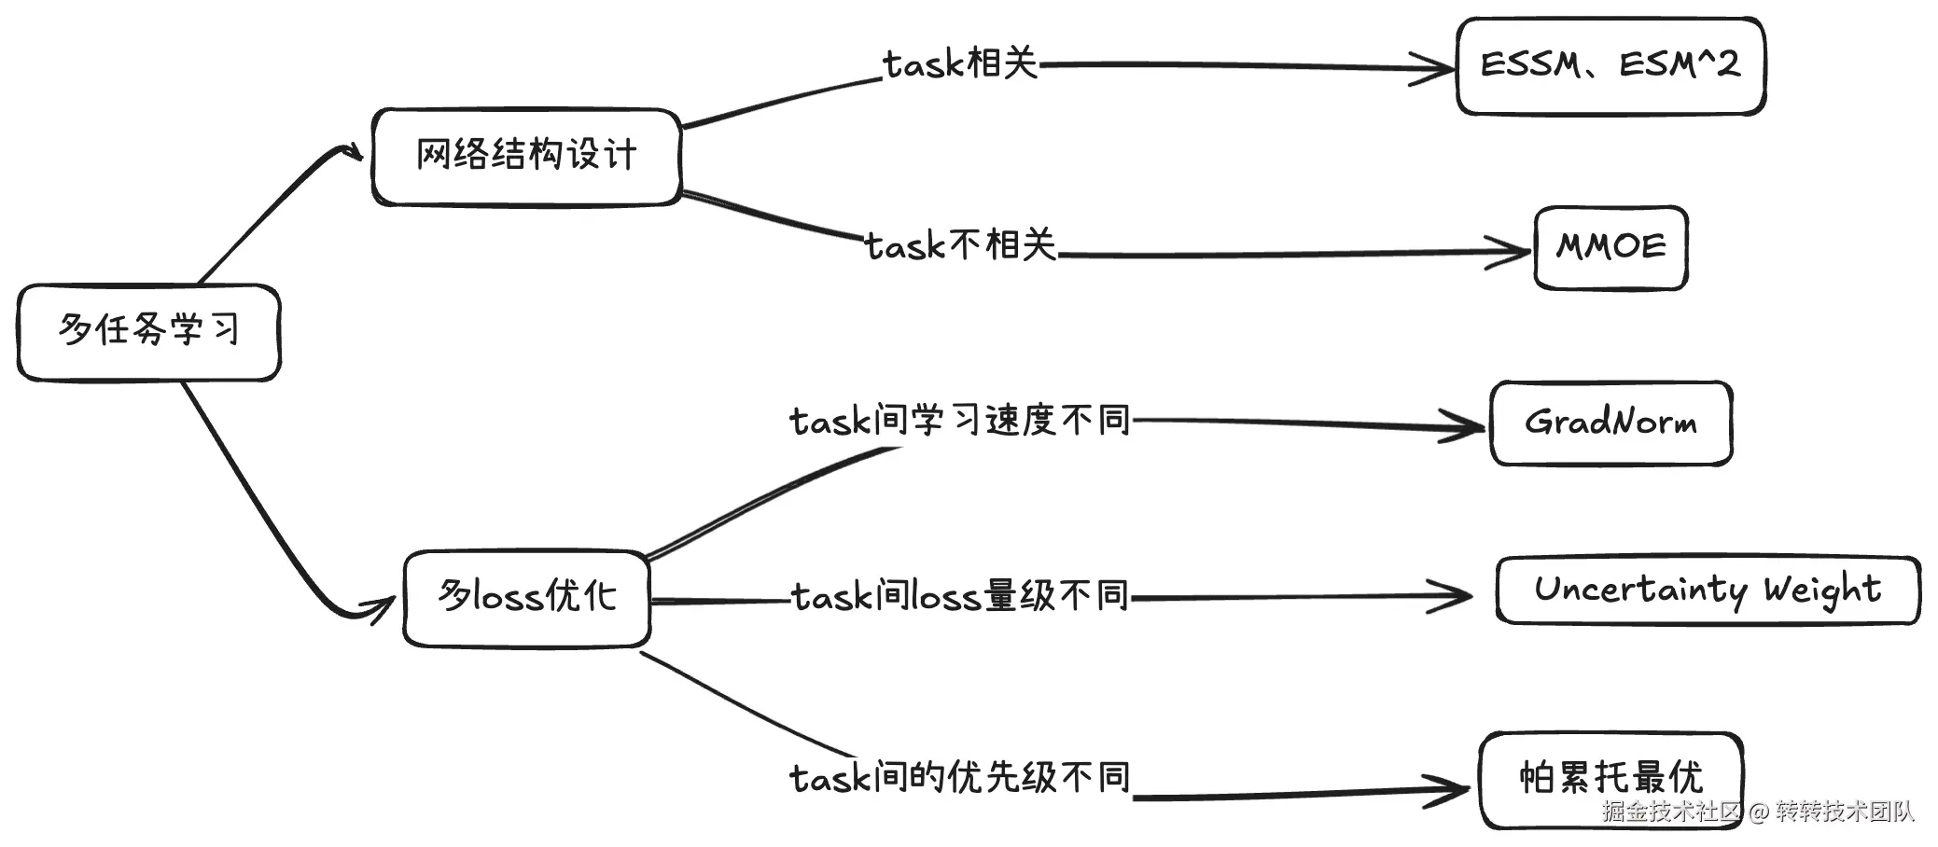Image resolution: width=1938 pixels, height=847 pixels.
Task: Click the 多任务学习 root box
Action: coord(148,332)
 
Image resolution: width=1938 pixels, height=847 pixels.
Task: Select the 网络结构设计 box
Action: coord(526,157)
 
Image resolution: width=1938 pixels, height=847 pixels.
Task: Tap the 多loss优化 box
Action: coord(527,598)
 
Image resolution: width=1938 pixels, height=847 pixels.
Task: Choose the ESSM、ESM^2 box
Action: coord(1610,66)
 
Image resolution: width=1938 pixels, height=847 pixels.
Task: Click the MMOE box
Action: coord(1610,248)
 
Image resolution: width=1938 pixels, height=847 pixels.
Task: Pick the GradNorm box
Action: coord(1610,423)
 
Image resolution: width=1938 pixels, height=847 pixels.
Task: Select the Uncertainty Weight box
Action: coord(1708,590)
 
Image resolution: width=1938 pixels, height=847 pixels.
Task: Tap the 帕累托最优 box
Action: coord(1610,779)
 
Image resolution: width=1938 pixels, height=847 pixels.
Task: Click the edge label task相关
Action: coord(960,64)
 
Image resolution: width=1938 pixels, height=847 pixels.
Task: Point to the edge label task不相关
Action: coord(960,246)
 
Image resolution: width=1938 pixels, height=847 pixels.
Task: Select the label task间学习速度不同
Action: coord(960,421)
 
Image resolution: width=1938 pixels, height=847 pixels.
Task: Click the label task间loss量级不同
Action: coord(960,596)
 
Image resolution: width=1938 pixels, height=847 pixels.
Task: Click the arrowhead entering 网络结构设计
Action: coord(353,153)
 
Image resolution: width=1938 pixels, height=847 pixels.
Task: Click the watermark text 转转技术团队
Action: coord(1845,812)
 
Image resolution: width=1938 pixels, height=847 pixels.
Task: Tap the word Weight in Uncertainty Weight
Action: coord(1821,590)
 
